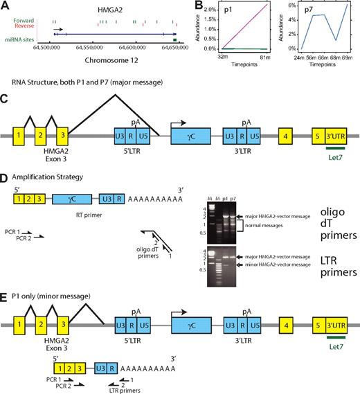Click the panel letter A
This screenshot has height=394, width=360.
coord(6,6)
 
